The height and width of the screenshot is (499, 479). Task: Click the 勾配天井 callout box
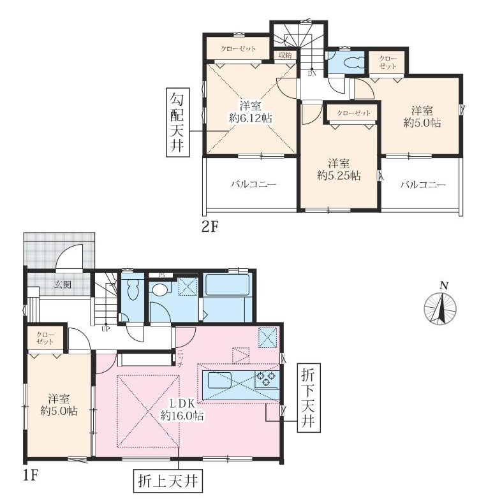(178, 122)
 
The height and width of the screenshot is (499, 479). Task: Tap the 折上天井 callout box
(168, 481)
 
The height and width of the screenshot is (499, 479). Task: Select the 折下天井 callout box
(309, 398)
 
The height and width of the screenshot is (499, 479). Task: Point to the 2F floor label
(210, 228)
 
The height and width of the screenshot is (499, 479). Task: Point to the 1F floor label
(31, 476)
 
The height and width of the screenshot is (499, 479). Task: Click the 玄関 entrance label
(63, 284)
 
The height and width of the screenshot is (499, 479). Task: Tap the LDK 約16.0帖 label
(182, 410)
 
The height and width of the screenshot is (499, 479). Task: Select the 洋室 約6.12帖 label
(250, 112)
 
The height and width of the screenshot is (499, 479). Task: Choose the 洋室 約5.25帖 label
(339, 170)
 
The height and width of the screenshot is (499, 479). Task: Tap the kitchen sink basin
(220, 380)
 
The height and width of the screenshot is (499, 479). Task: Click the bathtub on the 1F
(227, 285)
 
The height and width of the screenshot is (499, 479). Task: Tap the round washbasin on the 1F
(159, 289)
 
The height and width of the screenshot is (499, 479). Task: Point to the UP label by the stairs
(105, 329)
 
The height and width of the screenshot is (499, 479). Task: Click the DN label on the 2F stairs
(311, 74)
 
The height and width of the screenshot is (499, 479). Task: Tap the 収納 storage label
(285, 55)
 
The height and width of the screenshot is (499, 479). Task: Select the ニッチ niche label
(180, 359)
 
